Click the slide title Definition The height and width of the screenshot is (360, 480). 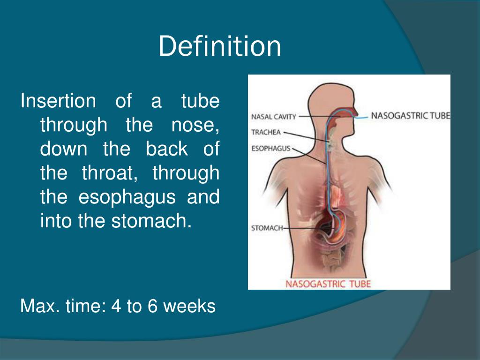(x=219, y=47)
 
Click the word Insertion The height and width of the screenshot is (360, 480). (x=58, y=101)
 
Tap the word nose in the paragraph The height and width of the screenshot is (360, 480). (x=197, y=125)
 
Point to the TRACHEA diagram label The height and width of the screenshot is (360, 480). (x=265, y=132)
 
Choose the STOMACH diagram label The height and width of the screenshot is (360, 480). (x=267, y=228)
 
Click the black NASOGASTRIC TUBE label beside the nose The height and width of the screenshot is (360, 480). (x=410, y=115)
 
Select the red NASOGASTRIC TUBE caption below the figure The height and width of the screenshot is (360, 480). (x=328, y=283)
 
